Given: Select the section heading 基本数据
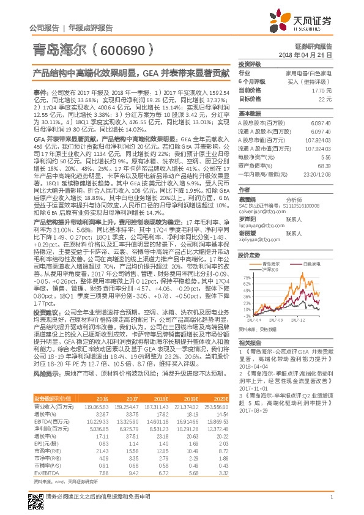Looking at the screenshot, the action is point(249,114).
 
